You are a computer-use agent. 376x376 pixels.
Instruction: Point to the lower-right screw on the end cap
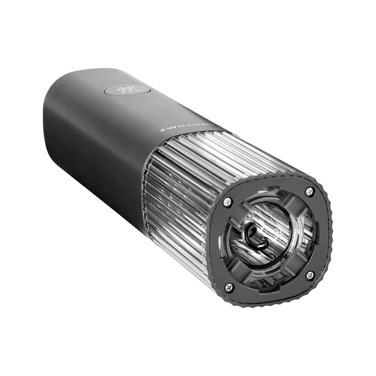click(310, 275)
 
